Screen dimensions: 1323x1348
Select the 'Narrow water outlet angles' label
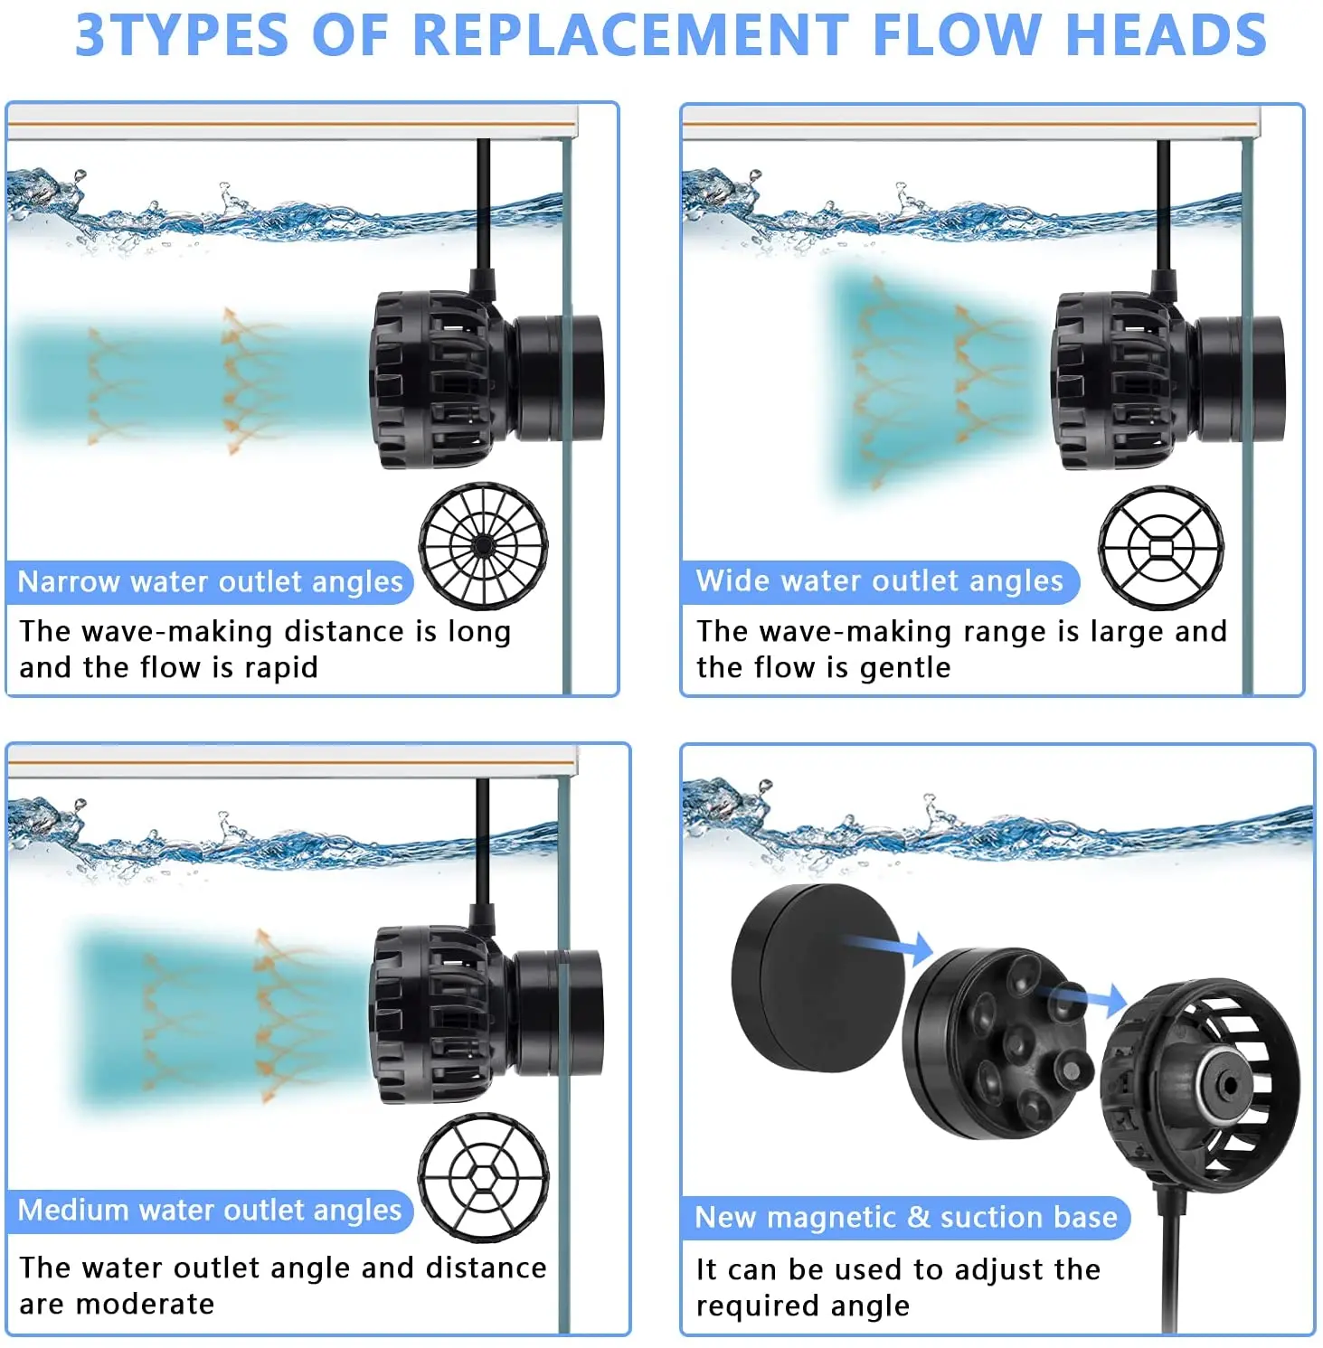coord(210,581)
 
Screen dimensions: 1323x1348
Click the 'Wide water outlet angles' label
coord(880,580)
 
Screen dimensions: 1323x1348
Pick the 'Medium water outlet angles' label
coord(210,1210)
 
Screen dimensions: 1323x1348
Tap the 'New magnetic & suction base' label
coord(906,1217)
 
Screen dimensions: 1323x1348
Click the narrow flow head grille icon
coord(483,545)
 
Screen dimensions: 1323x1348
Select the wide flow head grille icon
coord(1161,548)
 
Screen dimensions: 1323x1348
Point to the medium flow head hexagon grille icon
coord(483,1177)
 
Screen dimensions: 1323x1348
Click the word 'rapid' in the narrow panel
coord(281,668)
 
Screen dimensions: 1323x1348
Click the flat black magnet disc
coord(818,978)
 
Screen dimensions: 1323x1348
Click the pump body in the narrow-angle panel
coord(486,380)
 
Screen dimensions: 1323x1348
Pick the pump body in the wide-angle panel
coord(1167,380)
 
